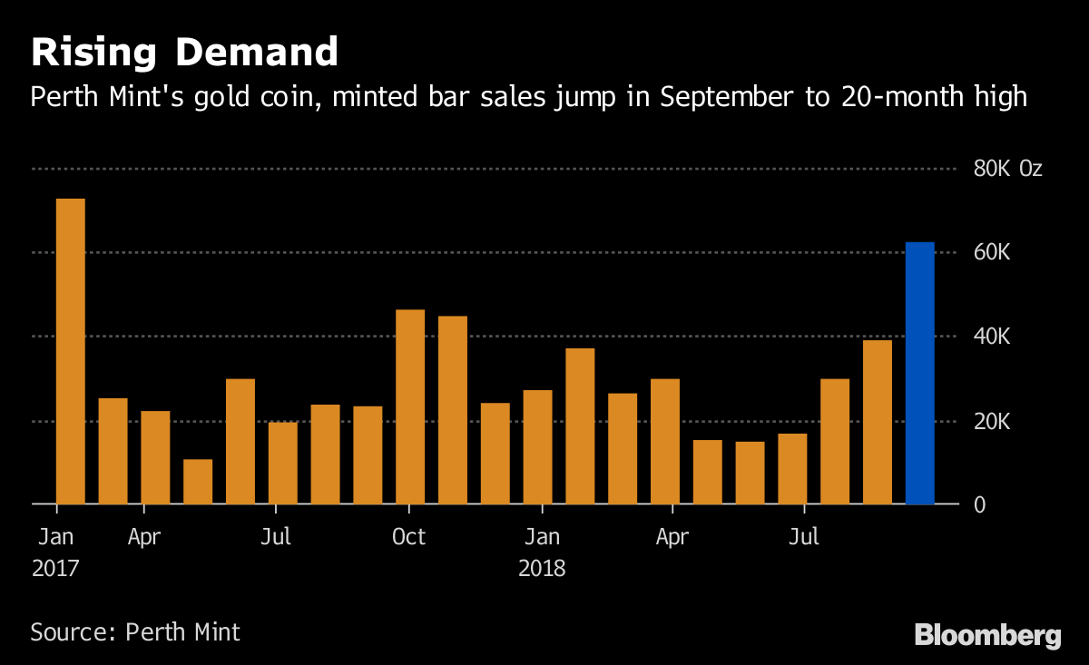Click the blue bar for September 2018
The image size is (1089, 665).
coord(920,373)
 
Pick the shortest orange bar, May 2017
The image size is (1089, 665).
coord(198,482)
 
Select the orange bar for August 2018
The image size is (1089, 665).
coord(878,422)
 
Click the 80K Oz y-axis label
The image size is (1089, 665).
coord(1008,169)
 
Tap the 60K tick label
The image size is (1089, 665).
coord(992,252)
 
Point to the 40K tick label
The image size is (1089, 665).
coord(992,337)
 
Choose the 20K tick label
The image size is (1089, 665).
coord(992,422)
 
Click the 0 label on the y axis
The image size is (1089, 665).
coord(979,504)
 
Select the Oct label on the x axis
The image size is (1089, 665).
coord(408,537)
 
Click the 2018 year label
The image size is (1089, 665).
coord(542,569)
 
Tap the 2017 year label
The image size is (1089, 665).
coord(56,569)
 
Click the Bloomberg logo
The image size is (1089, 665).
coord(987,634)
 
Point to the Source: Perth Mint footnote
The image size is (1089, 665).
coord(135,631)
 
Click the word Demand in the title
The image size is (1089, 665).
coord(257,52)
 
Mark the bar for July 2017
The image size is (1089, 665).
coord(282,463)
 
